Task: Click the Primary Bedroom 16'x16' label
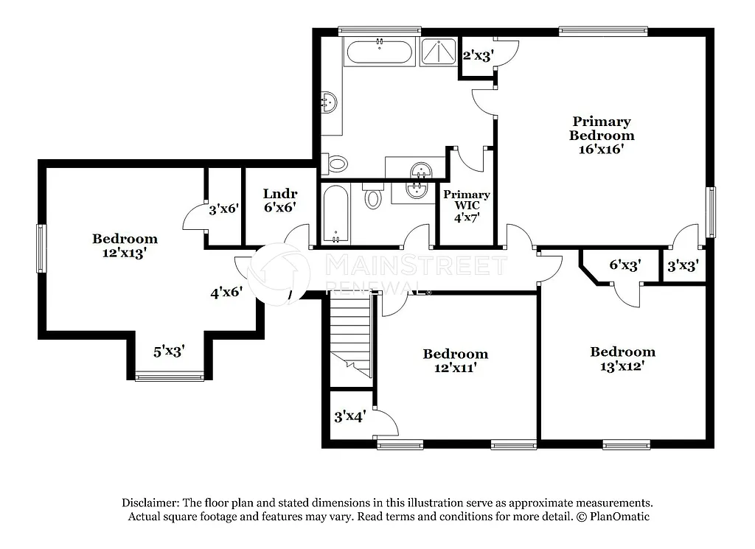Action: click(x=601, y=135)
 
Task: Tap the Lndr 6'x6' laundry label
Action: click(x=279, y=200)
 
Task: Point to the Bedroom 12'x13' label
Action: click(x=125, y=245)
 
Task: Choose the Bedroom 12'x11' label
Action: click(x=455, y=360)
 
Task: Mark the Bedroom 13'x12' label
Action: click(x=622, y=358)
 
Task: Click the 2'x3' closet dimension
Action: click(x=476, y=55)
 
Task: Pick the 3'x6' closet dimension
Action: click(x=223, y=209)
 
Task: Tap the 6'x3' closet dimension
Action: click(x=624, y=265)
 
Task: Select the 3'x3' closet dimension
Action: click(x=683, y=265)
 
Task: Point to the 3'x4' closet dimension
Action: click(x=350, y=416)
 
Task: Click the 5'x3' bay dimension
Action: click(x=169, y=352)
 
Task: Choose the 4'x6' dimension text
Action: click(x=226, y=293)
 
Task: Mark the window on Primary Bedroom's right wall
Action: click(x=711, y=211)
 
